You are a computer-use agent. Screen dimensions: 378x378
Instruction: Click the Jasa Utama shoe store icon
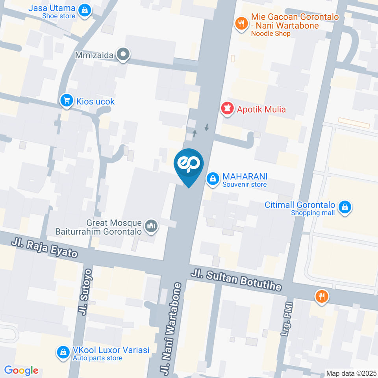point(84,11)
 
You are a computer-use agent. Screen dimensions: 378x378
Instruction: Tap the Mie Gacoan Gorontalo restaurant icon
point(241,23)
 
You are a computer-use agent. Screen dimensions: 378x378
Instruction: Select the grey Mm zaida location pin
point(123,55)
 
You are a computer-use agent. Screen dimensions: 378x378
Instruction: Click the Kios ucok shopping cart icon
point(66,101)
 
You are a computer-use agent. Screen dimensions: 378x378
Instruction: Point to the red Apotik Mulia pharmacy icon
point(227,109)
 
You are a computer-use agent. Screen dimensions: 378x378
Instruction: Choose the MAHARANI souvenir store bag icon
point(213,179)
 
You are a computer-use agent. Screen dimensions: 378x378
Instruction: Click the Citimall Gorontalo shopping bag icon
point(345,207)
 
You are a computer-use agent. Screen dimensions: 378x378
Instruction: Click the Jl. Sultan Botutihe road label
point(236,280)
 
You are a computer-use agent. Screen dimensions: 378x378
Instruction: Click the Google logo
point(21,371)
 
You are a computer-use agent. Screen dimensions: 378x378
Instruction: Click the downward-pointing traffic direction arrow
point(206,128)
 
